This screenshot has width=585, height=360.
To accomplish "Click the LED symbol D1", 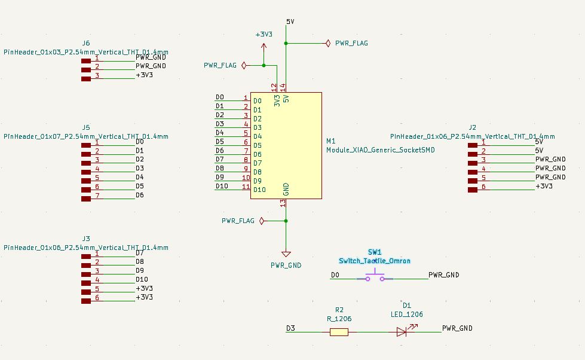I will [x=402, y=331].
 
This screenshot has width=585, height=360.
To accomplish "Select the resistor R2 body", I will [x=339, y=331].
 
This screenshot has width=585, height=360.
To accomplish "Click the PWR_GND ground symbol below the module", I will [x=286, y=254].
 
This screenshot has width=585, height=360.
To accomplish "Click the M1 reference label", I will [x=331, y=141].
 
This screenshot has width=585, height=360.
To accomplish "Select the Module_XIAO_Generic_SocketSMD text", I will [x=380, y=150].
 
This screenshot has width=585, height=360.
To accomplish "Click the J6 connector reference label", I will [x=86, y=44].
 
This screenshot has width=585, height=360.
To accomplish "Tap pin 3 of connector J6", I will [x=87, y=75].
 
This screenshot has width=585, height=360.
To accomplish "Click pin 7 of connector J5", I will [x=87, y=196].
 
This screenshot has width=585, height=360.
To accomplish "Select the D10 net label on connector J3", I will [x=142, y=279].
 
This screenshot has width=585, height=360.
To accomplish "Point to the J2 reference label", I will [x=473, y=127].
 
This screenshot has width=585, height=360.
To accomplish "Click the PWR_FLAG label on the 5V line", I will [x=351, y=43].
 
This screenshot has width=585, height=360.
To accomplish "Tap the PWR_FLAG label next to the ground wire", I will [x=238, y=221].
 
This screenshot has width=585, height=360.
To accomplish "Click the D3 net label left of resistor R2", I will [x=290, y=328].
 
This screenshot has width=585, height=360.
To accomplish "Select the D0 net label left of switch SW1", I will [x=335, y=275].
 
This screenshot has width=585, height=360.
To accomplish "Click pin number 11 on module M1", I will [x=246, y=187].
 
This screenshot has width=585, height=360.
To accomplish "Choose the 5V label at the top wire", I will [x=290, y=22].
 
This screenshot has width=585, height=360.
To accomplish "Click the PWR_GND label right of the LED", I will [x=457, y=328].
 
